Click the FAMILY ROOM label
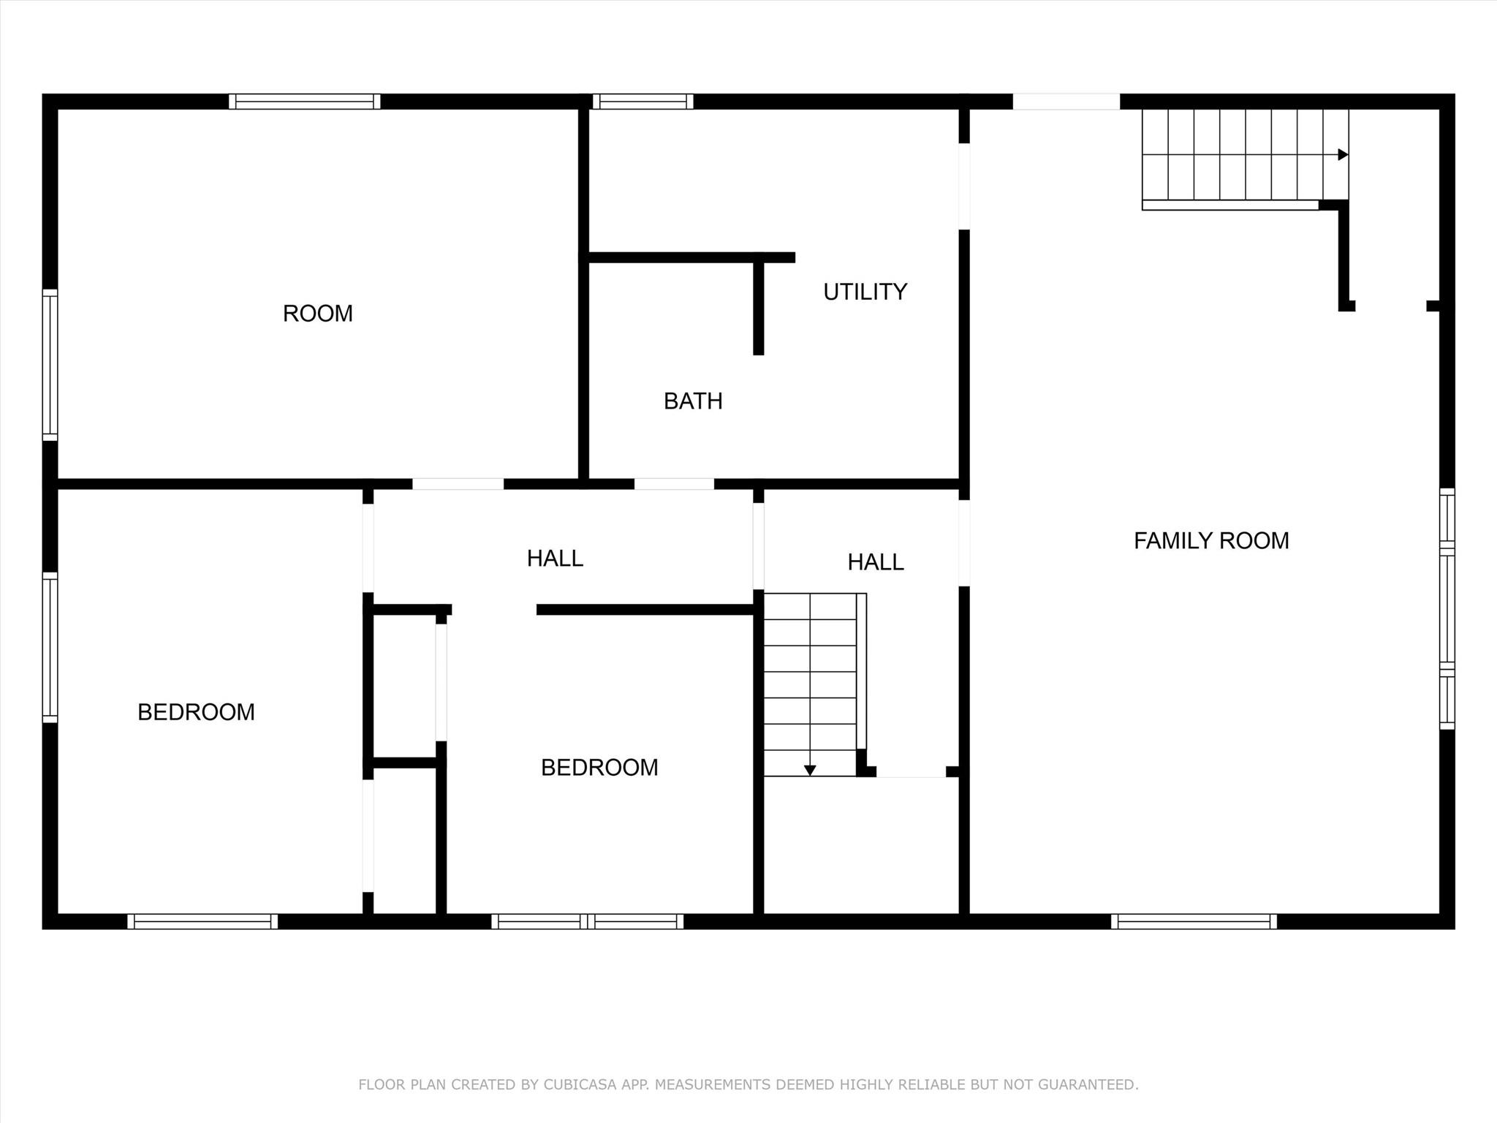tap(1211, 540)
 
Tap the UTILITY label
tap(865, 292)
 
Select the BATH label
tap(693, 401)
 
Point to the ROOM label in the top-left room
tap(318, 313)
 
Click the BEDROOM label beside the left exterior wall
tap(196, 711)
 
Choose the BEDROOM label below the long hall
tap(599, 767)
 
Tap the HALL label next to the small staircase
tap(876, 561)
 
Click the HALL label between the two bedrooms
tap(555, 558)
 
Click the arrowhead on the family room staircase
tap(1343, 155)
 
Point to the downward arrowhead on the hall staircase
tap(810, 771)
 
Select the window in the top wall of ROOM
tap(304, 102)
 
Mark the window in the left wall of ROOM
tap(50, 365)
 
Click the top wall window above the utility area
tap(643, 102)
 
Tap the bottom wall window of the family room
tap(1194, 921)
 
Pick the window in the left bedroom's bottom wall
tap(202, 921)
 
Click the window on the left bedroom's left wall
tap(50, 647)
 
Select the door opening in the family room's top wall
tap(1066, 102)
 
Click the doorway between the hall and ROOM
tap(458, 484)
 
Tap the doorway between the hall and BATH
tap(674, 484)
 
